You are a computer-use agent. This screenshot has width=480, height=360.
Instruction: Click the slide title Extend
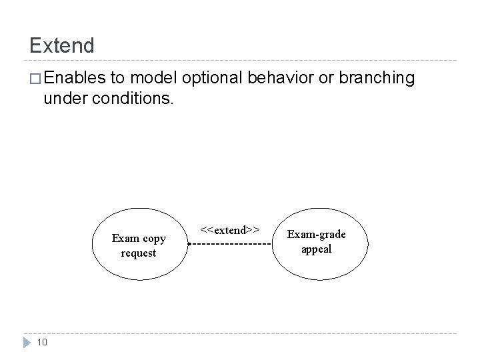[x=62, y=45]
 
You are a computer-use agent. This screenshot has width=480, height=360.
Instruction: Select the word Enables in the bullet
[x=75, y=79]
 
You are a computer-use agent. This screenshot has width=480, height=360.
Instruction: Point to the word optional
[x=213, y=79]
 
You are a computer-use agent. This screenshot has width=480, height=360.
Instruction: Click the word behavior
[x=279, y=79]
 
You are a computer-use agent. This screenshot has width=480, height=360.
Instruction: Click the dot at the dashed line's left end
[x=189, y=245]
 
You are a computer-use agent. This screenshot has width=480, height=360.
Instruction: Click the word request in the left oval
[x=139, y=253]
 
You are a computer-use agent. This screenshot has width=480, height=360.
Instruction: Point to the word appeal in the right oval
[x=316, y=249]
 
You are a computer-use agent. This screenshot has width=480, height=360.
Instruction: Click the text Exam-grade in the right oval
[x=316, y=235]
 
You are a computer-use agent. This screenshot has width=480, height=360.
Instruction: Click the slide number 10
[x=41, y=342]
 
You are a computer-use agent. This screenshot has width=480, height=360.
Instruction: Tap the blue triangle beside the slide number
[x=25, y=342]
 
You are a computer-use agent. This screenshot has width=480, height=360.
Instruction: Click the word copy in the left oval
[x=154, y=239]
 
